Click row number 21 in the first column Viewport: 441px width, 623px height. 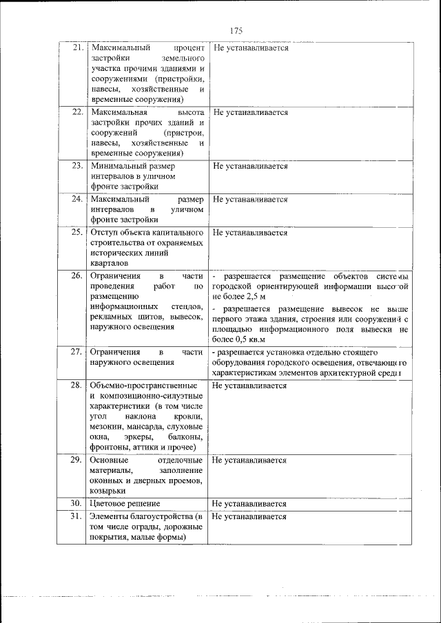pyautogui.click(x=78, y=48)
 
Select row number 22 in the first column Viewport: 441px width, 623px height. pyautogui.click(x=78, y=112)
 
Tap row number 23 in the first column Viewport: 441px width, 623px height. pyautogui.click(x=78, y=166)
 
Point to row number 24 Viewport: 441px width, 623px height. pyautogui.click(x=78, y=200)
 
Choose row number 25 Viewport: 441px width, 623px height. pyautogui.click(x=78, y=233)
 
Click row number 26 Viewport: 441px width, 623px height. pyautogui.click(x=78, y=275)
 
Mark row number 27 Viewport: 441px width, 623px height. pyautogui.click(x=78, y=351)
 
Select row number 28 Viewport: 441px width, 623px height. pyautogui.click(x=78, y=386)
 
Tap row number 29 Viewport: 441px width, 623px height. pyautogui.click(x=78, y=460)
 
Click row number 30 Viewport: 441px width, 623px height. pyautogui.click(x=78, y=503)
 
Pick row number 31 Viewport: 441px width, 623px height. pyautogui.click(x=78, y=516)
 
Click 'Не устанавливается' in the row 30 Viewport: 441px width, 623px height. pyautogui.click(x=250, y=503)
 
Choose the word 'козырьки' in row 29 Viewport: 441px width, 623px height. pyautogui.click(x=107, y=491)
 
